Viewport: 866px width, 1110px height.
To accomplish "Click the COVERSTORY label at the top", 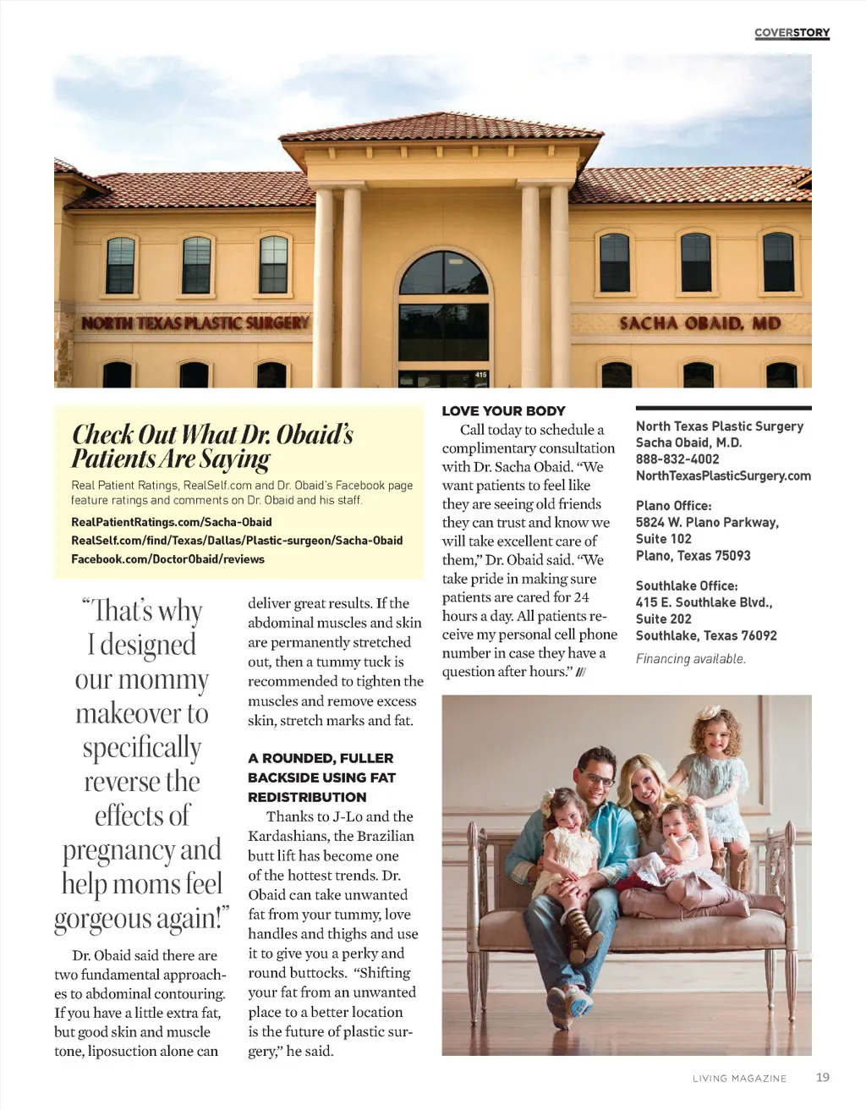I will click(x=792, y=33).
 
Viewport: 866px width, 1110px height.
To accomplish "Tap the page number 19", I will click(x=823, y=1077).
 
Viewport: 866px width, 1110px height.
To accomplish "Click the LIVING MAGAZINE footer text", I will click(x=739, y=1078).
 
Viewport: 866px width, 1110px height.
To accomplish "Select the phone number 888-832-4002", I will click(x=677, y=459).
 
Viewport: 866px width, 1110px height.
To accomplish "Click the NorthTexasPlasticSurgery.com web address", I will click(x=723, y=476).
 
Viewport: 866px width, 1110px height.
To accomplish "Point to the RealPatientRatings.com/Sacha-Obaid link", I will click(x=172, y=522).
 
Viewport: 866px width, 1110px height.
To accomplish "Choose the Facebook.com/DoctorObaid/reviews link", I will click(x=167, y=559).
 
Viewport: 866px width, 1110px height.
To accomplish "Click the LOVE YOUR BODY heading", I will click(x=503, y=411).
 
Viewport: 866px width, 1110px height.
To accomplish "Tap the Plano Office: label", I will click(x=673, y=506).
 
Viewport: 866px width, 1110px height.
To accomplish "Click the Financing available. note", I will click(x=690, y=659).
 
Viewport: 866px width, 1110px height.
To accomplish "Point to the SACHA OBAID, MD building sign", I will click(x=699, y=323).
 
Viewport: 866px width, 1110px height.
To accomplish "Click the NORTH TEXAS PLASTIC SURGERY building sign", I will click(x=195, y=322).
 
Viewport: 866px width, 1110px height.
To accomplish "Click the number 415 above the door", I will click(x=481, y=374).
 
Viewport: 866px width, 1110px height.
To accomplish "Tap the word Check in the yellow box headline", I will click(x=103, y=434).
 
